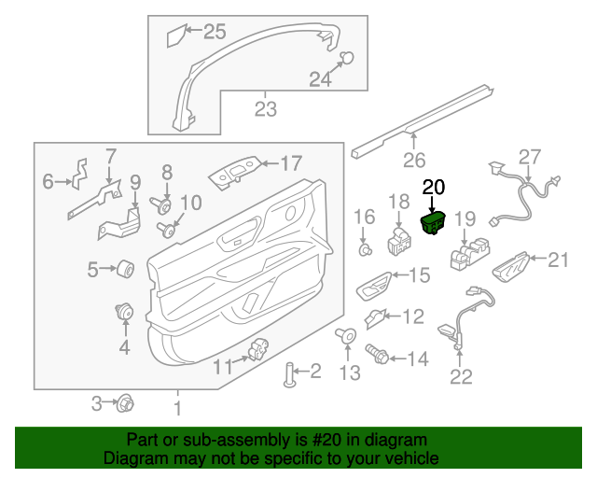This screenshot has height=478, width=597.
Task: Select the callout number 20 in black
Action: [x=435, y=187]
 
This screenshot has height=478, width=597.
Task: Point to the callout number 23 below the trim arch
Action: [x=266, y=110]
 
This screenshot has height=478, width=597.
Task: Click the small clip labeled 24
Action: [x=345, y=59]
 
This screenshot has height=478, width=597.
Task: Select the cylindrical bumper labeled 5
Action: [x=125, y=270]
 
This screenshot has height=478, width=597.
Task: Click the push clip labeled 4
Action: [x=123, y=311]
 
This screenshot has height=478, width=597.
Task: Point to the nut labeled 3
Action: [x=123, y=403]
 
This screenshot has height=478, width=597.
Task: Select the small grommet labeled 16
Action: [x=366, y=249]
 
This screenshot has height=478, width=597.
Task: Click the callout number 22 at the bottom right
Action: [x=461, y=377]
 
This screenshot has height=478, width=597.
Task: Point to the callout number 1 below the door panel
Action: [x=177, y=407]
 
